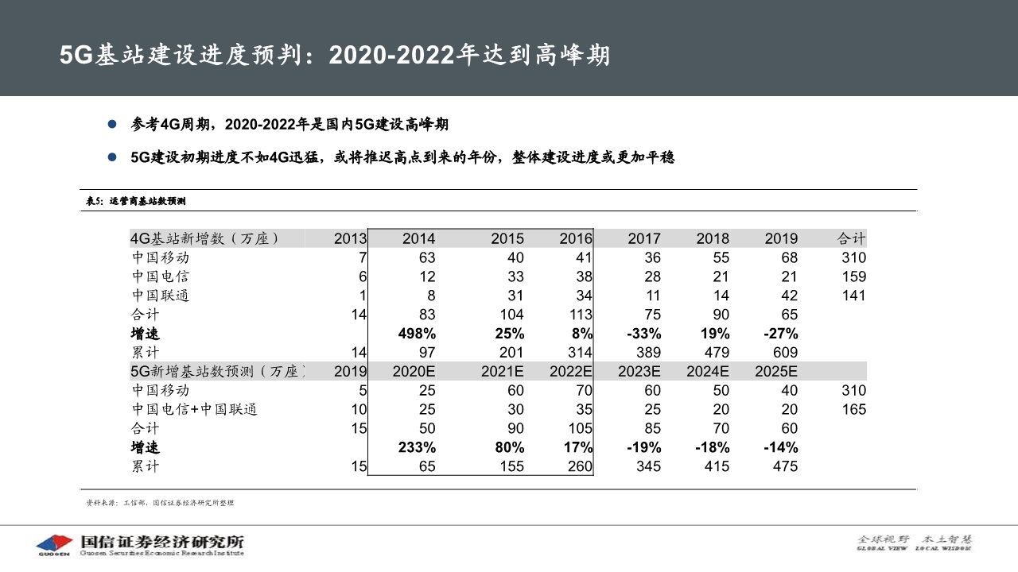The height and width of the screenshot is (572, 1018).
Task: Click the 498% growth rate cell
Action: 416,334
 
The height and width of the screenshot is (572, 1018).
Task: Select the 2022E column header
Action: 571,372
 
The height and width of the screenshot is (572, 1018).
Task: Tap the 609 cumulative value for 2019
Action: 781,353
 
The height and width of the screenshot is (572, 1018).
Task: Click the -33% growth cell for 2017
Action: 644,334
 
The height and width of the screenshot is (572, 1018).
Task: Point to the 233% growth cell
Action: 416,447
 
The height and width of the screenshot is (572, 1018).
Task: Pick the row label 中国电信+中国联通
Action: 194,410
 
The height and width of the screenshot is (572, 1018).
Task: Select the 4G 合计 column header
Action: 851,238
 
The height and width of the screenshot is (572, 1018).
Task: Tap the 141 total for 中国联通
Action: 853,296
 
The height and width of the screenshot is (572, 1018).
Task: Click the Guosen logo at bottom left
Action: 54,544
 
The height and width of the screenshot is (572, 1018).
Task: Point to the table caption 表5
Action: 135,201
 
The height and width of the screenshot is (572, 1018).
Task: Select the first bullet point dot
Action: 112,125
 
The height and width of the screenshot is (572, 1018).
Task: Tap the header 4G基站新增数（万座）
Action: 205,238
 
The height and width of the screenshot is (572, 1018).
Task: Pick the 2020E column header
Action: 414,372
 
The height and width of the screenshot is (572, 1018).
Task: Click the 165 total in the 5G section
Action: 853,410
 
